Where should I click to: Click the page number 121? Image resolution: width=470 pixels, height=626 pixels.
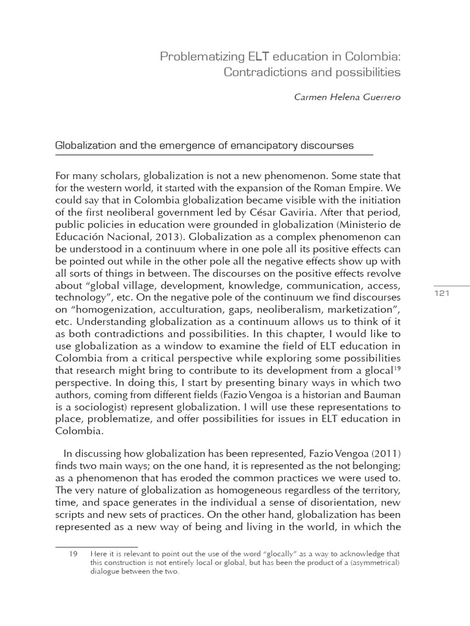point(442,293)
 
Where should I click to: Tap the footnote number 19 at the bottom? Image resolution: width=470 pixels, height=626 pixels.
point(72,554)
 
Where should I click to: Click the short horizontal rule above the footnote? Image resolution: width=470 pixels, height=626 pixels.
point(96,546)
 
